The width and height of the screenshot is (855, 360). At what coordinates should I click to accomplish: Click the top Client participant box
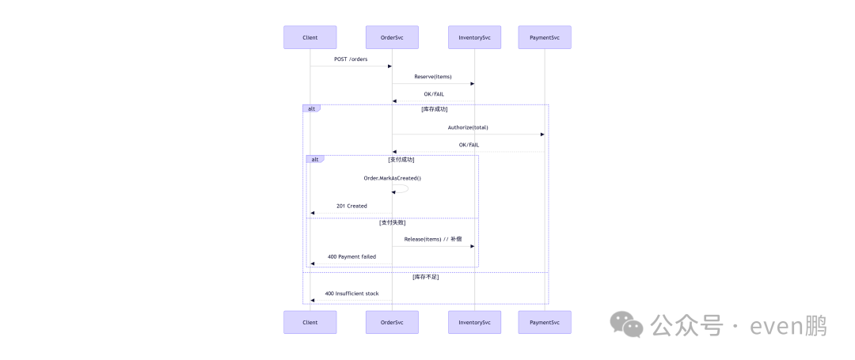[x=310, y=37]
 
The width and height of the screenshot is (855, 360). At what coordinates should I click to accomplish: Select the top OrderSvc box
[x=392, y=37]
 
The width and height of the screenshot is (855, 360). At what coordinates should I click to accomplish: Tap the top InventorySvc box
[x=474, y=37]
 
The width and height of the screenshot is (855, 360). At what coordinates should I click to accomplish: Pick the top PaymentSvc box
[x=545, y=37]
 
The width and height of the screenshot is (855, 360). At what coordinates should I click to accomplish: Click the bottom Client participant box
[x=310, y=322]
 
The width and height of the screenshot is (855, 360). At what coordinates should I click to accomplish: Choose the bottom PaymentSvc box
[x=545, y=322]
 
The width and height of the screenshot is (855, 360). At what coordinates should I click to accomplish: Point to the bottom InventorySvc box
[x=474, y=322]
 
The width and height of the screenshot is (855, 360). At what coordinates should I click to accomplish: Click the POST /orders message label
[x=351, y=59]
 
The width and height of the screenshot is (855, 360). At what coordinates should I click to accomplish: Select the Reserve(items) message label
[x=433, y=77]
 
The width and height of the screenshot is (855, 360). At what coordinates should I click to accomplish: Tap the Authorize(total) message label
[x=468, y=127]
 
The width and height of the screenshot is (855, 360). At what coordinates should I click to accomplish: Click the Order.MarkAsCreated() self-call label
[x=392, y=178]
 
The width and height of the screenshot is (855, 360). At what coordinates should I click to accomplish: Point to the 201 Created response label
[x=351, y=206]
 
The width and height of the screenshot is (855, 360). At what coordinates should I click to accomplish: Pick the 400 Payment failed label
[x=351, y=256]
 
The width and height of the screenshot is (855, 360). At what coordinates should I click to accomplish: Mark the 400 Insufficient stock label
[x=351, y=294]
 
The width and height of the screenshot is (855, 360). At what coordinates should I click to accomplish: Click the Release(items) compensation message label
[x=433, y=239]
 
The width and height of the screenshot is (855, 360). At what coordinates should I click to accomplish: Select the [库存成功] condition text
[x=434, y=109]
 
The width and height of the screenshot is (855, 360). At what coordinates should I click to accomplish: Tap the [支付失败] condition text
[x=392, y=222]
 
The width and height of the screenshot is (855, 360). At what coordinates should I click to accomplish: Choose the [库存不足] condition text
[x=425, y=277]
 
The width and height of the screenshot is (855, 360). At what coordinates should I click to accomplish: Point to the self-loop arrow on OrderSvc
[x=405, y=189]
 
